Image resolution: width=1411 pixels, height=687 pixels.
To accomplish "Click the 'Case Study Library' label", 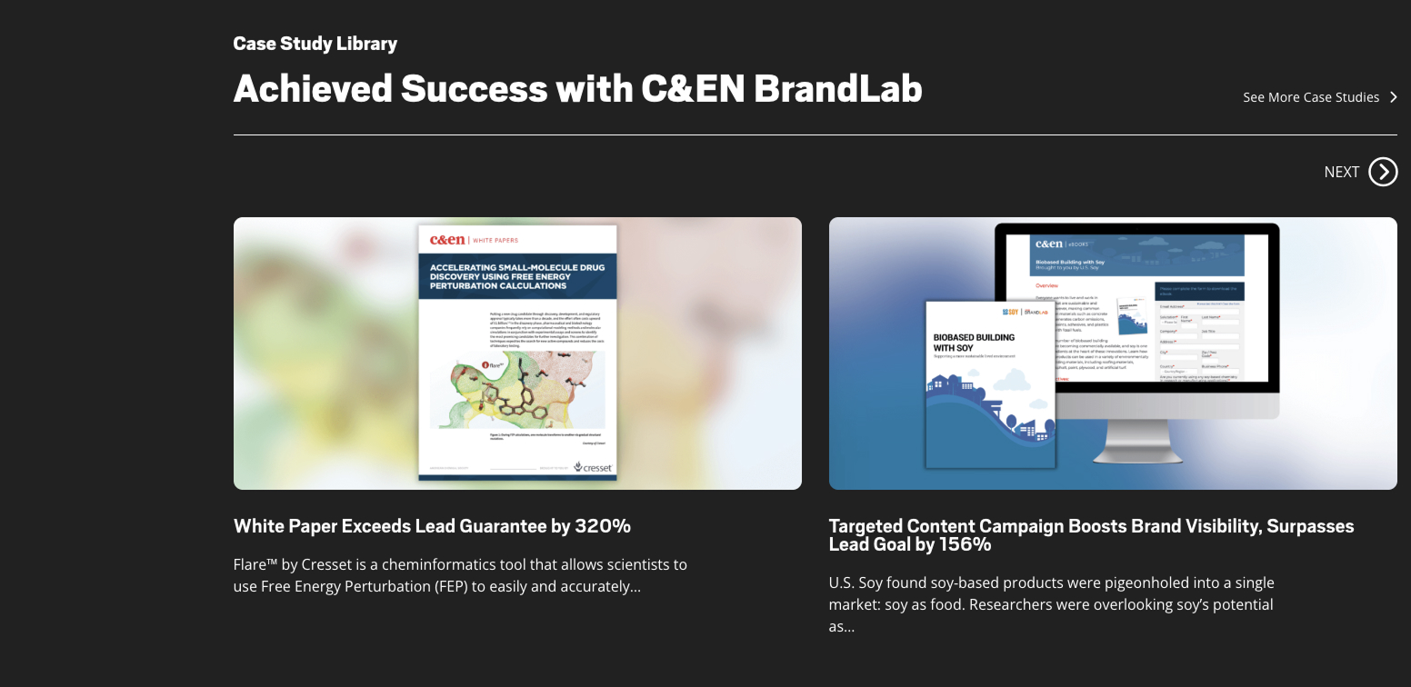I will [315, 44].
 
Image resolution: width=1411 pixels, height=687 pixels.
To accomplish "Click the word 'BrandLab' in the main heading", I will [837, 88].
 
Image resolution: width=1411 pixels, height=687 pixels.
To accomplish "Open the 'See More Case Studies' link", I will [1310, 97].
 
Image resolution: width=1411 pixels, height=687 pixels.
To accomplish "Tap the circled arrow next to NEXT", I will [1383, 172].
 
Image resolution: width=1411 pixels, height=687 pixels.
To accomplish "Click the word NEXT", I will [1341, 172].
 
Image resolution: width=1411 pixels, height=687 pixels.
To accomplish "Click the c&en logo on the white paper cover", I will [447, 240].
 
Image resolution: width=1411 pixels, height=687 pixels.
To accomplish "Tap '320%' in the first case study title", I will [602, 526].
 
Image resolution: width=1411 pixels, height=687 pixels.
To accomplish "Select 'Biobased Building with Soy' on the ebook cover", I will [974, 343].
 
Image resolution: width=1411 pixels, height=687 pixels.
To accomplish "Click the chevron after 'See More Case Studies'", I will [1393, 97].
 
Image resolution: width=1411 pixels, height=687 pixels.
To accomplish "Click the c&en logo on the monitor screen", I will [1048, 244].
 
